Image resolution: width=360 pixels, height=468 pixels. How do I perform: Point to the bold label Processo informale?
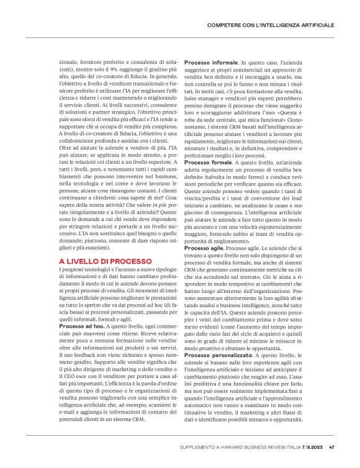pyautogui.click(x=212, y=63)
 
